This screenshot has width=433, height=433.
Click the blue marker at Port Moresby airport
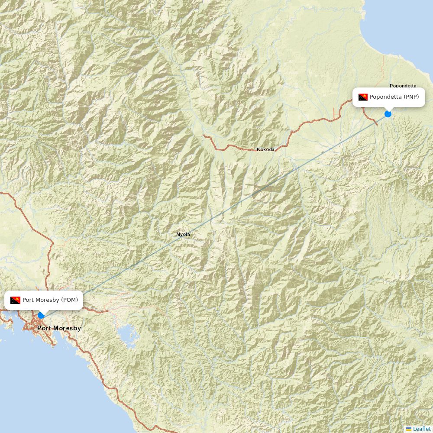[41, 315]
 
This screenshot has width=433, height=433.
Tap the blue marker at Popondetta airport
[388, 114]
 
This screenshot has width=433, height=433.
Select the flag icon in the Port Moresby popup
[16, 300]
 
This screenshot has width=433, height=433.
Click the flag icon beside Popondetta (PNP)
[363, 97]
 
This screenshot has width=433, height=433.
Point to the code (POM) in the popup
[69, 300]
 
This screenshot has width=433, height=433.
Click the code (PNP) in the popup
[411, 97]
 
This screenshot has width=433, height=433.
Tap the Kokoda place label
[265, 149]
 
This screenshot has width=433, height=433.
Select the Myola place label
[183, 234]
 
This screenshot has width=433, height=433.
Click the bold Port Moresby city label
[59, 328]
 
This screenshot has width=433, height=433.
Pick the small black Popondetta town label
[403, 86]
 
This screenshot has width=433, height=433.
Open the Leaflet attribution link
[422, 429]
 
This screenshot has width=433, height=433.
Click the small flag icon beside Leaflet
[409, 429]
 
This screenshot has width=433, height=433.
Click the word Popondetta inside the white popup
[386, 97]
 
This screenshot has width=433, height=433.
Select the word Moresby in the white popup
[47, 300]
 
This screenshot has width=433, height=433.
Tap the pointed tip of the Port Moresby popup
[41, 312]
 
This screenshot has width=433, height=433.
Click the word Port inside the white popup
[29, 300]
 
